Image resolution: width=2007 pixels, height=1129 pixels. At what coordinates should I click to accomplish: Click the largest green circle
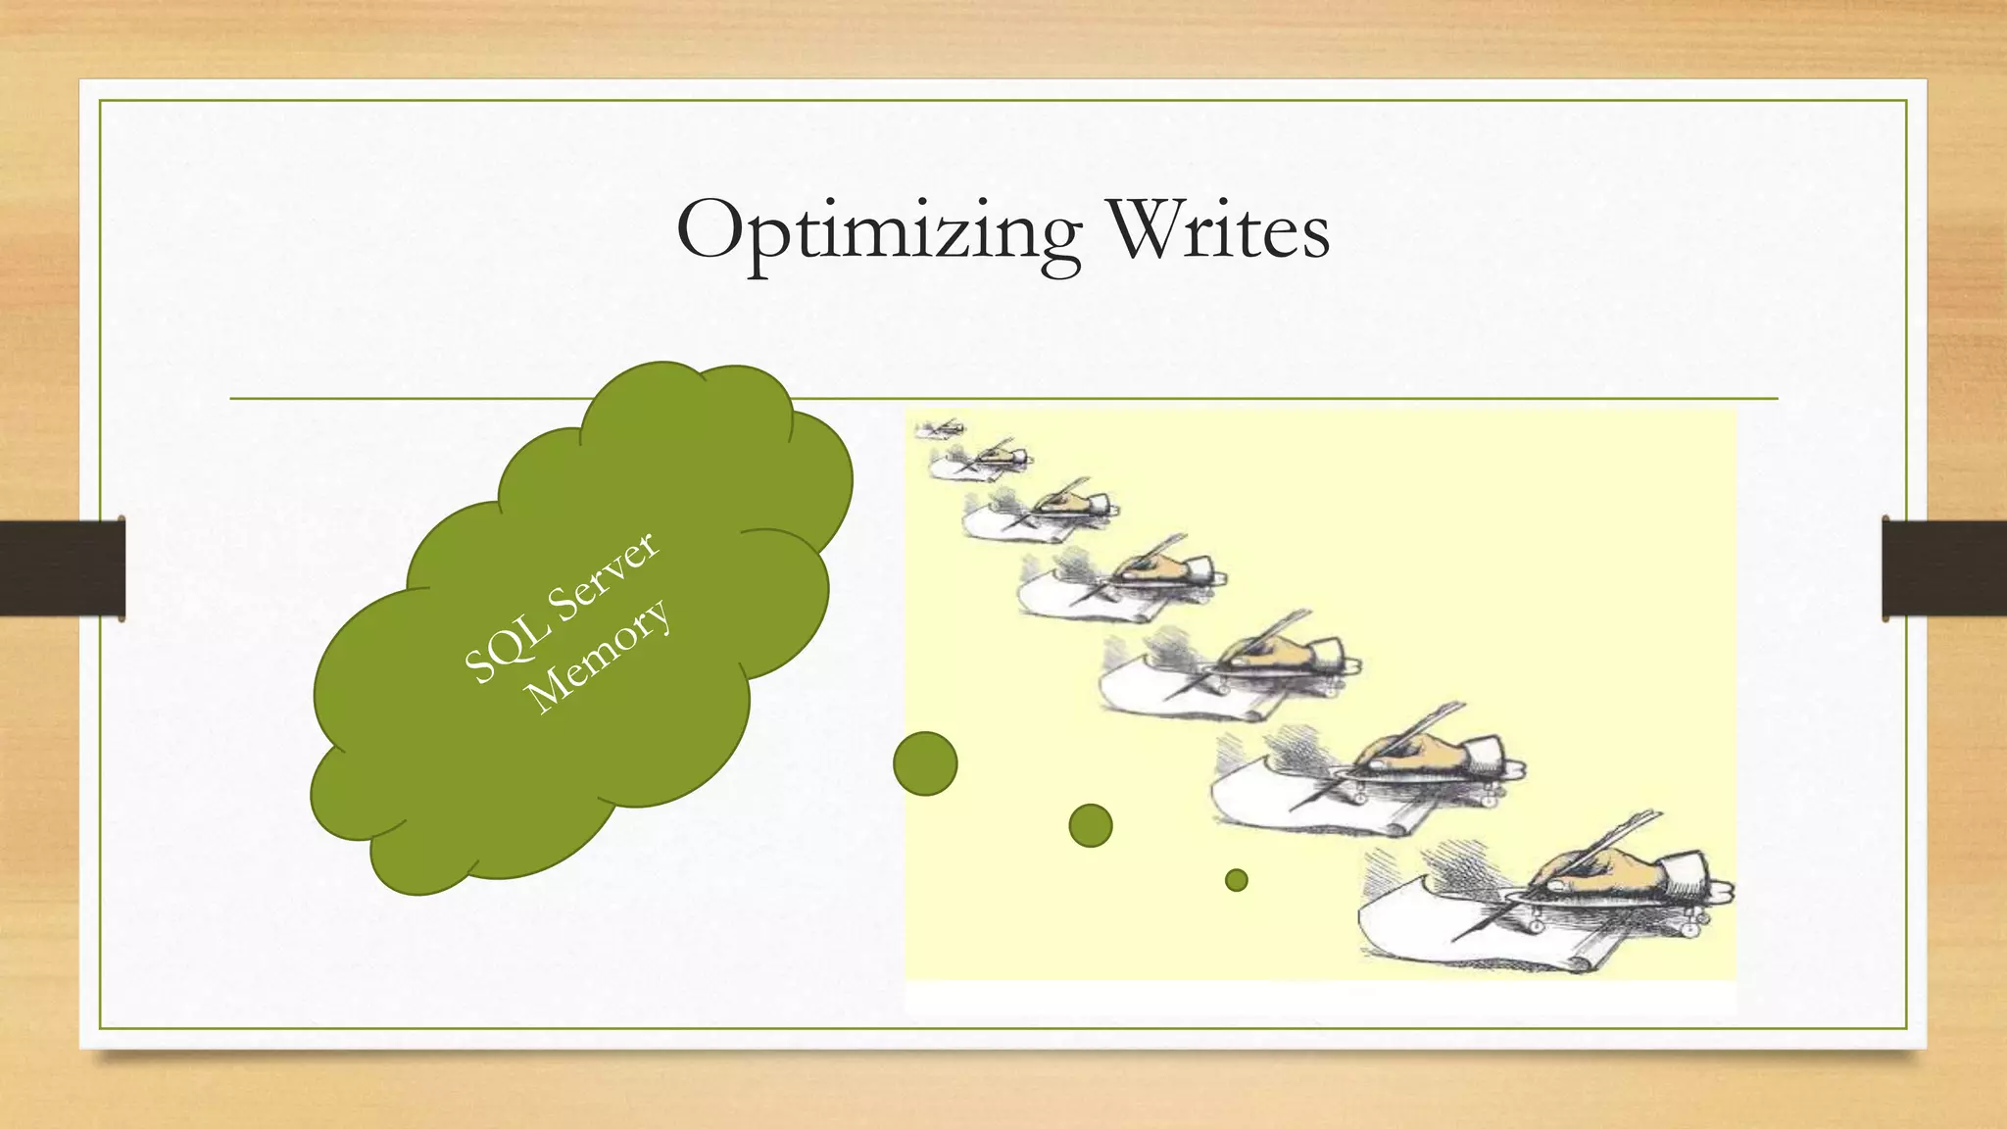925,763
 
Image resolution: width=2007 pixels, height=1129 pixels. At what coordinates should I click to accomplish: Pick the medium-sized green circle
1091,825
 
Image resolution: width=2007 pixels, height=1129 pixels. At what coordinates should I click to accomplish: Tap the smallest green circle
1237,880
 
